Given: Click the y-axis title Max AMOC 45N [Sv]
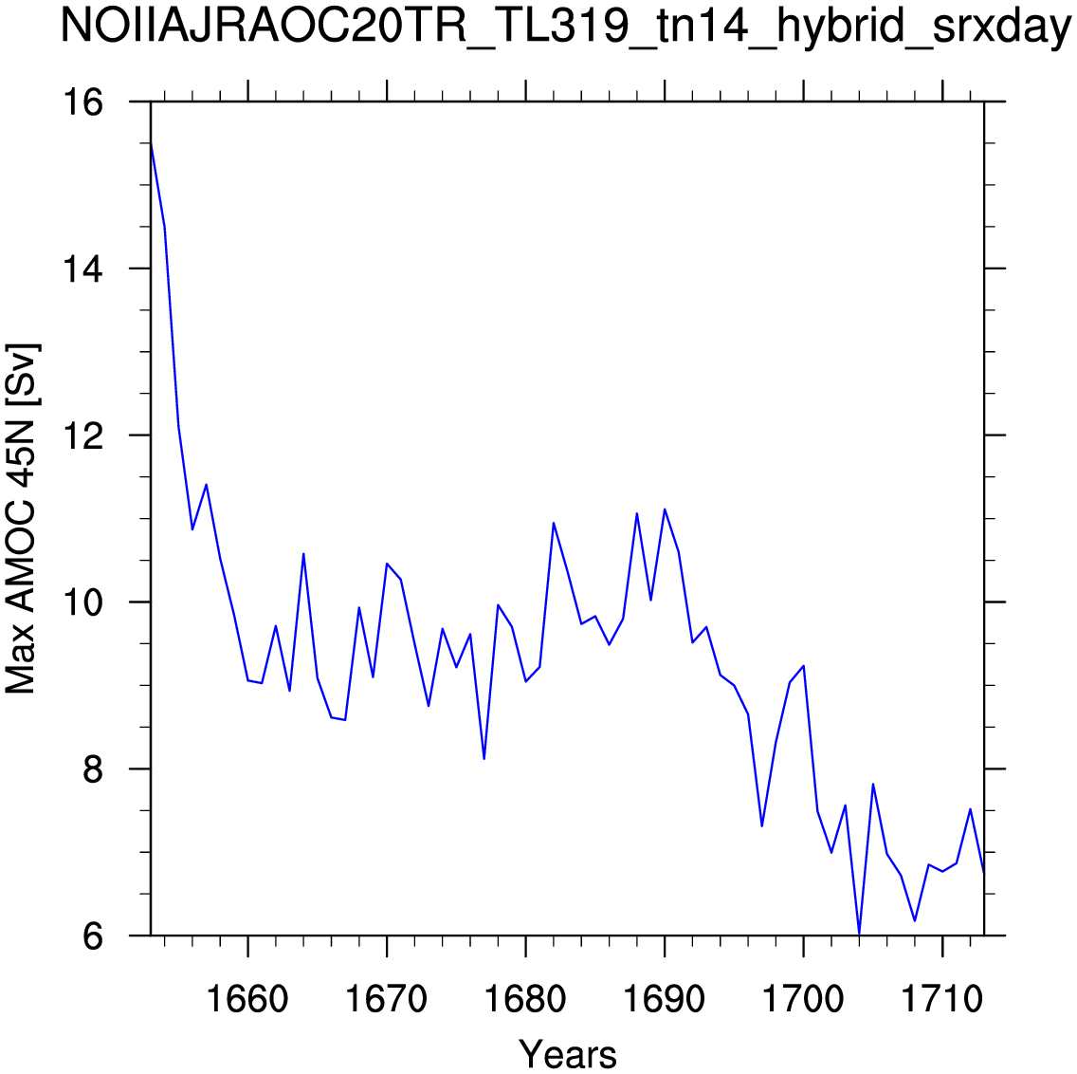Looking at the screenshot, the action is point(21,518).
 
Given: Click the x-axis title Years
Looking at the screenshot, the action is point(567,1053).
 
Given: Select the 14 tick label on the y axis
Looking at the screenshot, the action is point(82,268).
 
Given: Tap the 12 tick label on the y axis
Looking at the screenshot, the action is point(82,435).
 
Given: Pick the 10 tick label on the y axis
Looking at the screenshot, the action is point(82,602).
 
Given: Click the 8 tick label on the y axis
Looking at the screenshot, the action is point(93,768).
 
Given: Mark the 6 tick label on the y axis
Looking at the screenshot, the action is point(93,935).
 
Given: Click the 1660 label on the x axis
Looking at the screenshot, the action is point(247,999).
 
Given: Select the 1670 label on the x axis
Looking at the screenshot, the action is point(387,999).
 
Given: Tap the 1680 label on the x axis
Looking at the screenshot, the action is point(525,999).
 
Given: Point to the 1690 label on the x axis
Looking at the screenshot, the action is point(665,999).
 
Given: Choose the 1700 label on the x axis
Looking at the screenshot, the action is point(803,999).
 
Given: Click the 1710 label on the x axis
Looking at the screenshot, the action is point(942,999).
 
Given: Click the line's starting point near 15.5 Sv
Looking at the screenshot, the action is point(151,143).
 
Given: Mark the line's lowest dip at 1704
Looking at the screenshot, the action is point(859,935).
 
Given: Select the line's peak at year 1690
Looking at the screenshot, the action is point(665,509).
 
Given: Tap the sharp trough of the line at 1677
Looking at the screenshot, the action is point(484,758).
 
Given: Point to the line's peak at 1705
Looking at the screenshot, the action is point(873,785).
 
